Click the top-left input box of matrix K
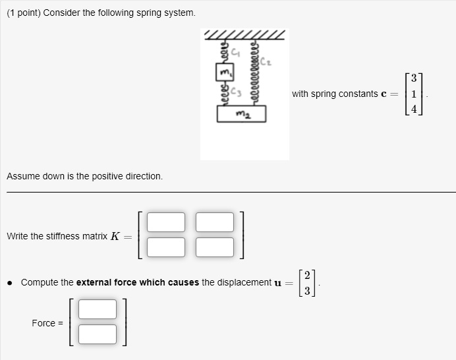point(166,222)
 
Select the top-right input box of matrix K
point(215,222)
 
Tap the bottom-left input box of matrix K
point(166,247)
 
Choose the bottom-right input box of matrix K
point(215,247)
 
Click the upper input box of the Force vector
point(98,309)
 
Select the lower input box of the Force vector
point(98,334)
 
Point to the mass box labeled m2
point(241,115)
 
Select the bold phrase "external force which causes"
point(137,282)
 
